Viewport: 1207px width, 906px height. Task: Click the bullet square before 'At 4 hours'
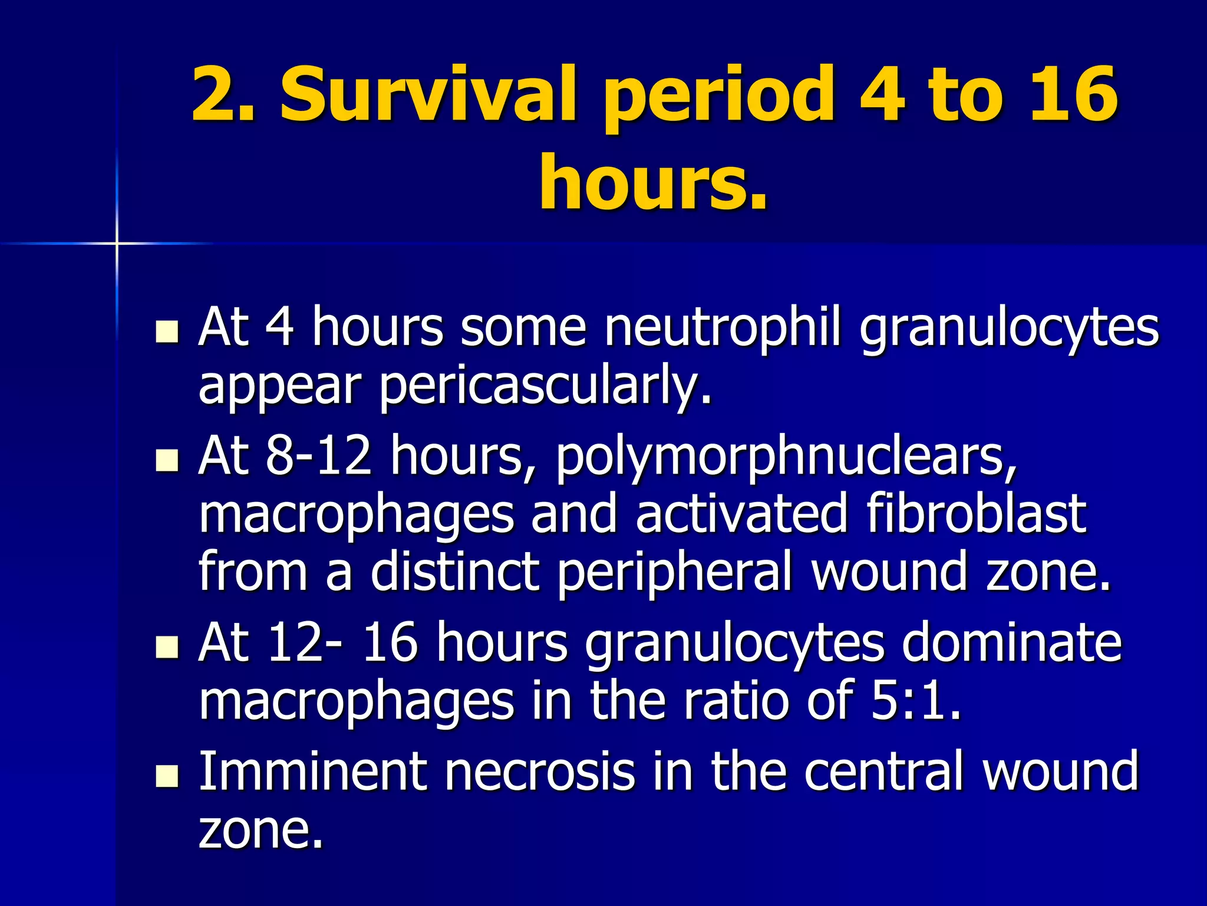(167, 331)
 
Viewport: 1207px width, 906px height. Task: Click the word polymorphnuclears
(786, 458)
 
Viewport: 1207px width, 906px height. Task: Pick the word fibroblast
(976, 513)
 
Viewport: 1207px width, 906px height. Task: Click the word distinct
(454, 571)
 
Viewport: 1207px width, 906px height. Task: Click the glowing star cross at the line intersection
(117, 243)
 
